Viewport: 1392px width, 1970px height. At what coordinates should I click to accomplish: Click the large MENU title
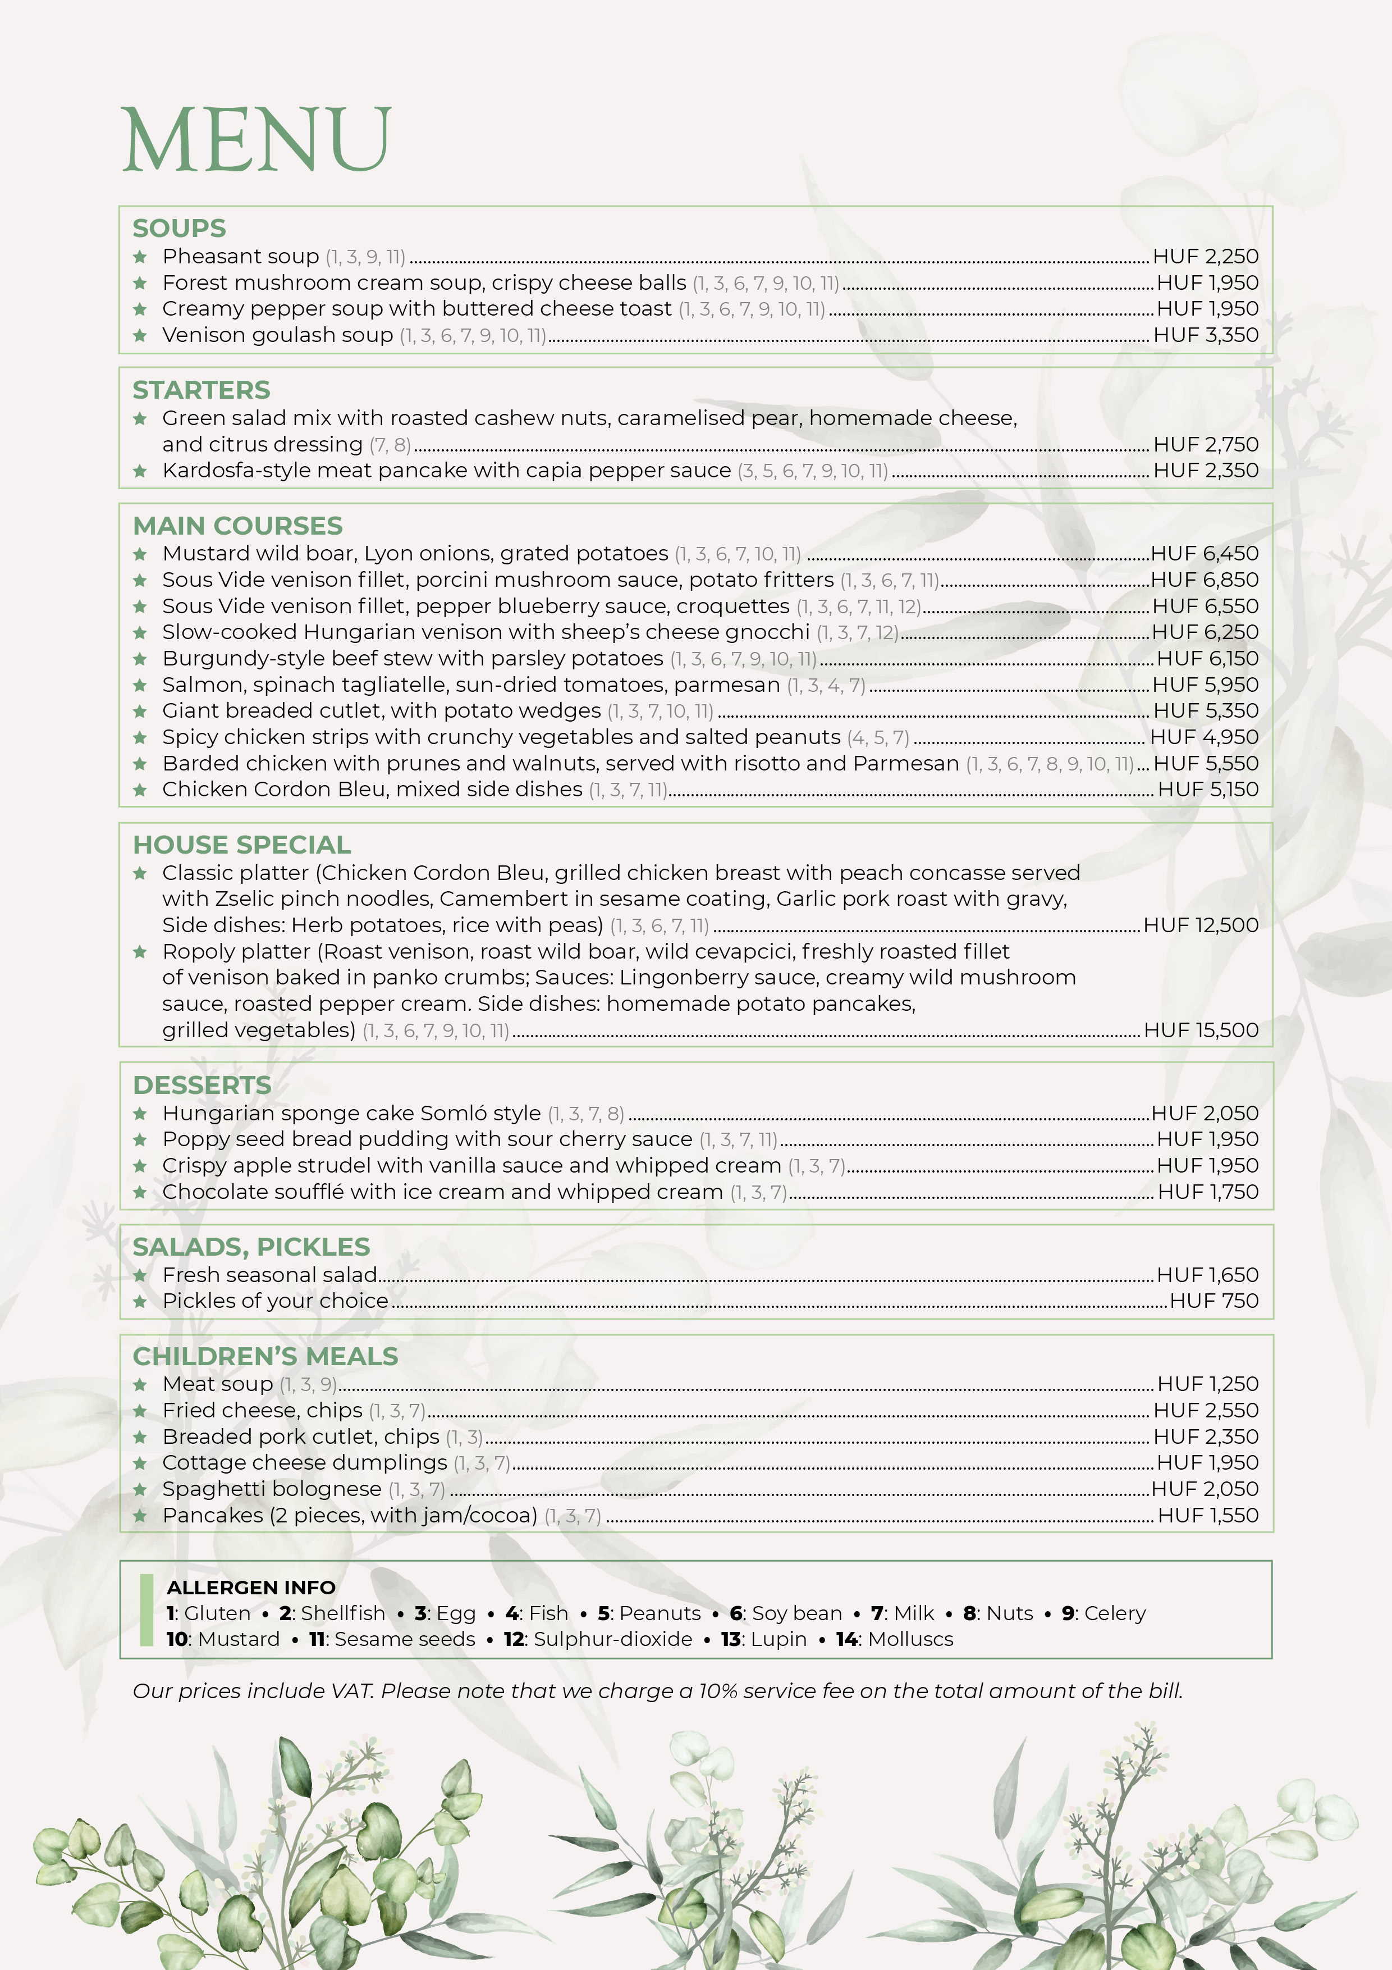(x=257, y=140)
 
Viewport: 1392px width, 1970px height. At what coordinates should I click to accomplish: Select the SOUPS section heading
(x=179, y=228)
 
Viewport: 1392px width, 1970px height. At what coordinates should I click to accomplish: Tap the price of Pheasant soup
(x=1205, y=257)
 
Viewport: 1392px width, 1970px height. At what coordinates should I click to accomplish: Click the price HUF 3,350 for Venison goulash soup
(x=1205, y=335)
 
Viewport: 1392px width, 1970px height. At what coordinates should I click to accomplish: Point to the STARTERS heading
(x=202, y=390)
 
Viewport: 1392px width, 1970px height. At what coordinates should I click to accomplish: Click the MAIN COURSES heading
(x=237, y=526)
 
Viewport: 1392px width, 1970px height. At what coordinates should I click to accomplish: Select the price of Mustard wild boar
(x=1204, y=553)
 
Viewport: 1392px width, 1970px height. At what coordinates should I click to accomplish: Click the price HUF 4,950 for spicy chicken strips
(x=1204, y=737)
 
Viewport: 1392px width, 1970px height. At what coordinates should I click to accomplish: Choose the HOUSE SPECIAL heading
(x=242, y=845)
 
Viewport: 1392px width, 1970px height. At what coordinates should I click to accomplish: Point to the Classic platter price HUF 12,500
(x=1201, y=925)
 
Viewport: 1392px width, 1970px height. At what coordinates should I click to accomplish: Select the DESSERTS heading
(x=203, y=1086)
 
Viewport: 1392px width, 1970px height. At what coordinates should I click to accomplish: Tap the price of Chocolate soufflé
(x=1207, y=1192)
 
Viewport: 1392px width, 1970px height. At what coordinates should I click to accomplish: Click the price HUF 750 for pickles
(x=1214, y=1301)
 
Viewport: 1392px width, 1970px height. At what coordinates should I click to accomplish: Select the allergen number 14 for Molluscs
(x=846, y=1639)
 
